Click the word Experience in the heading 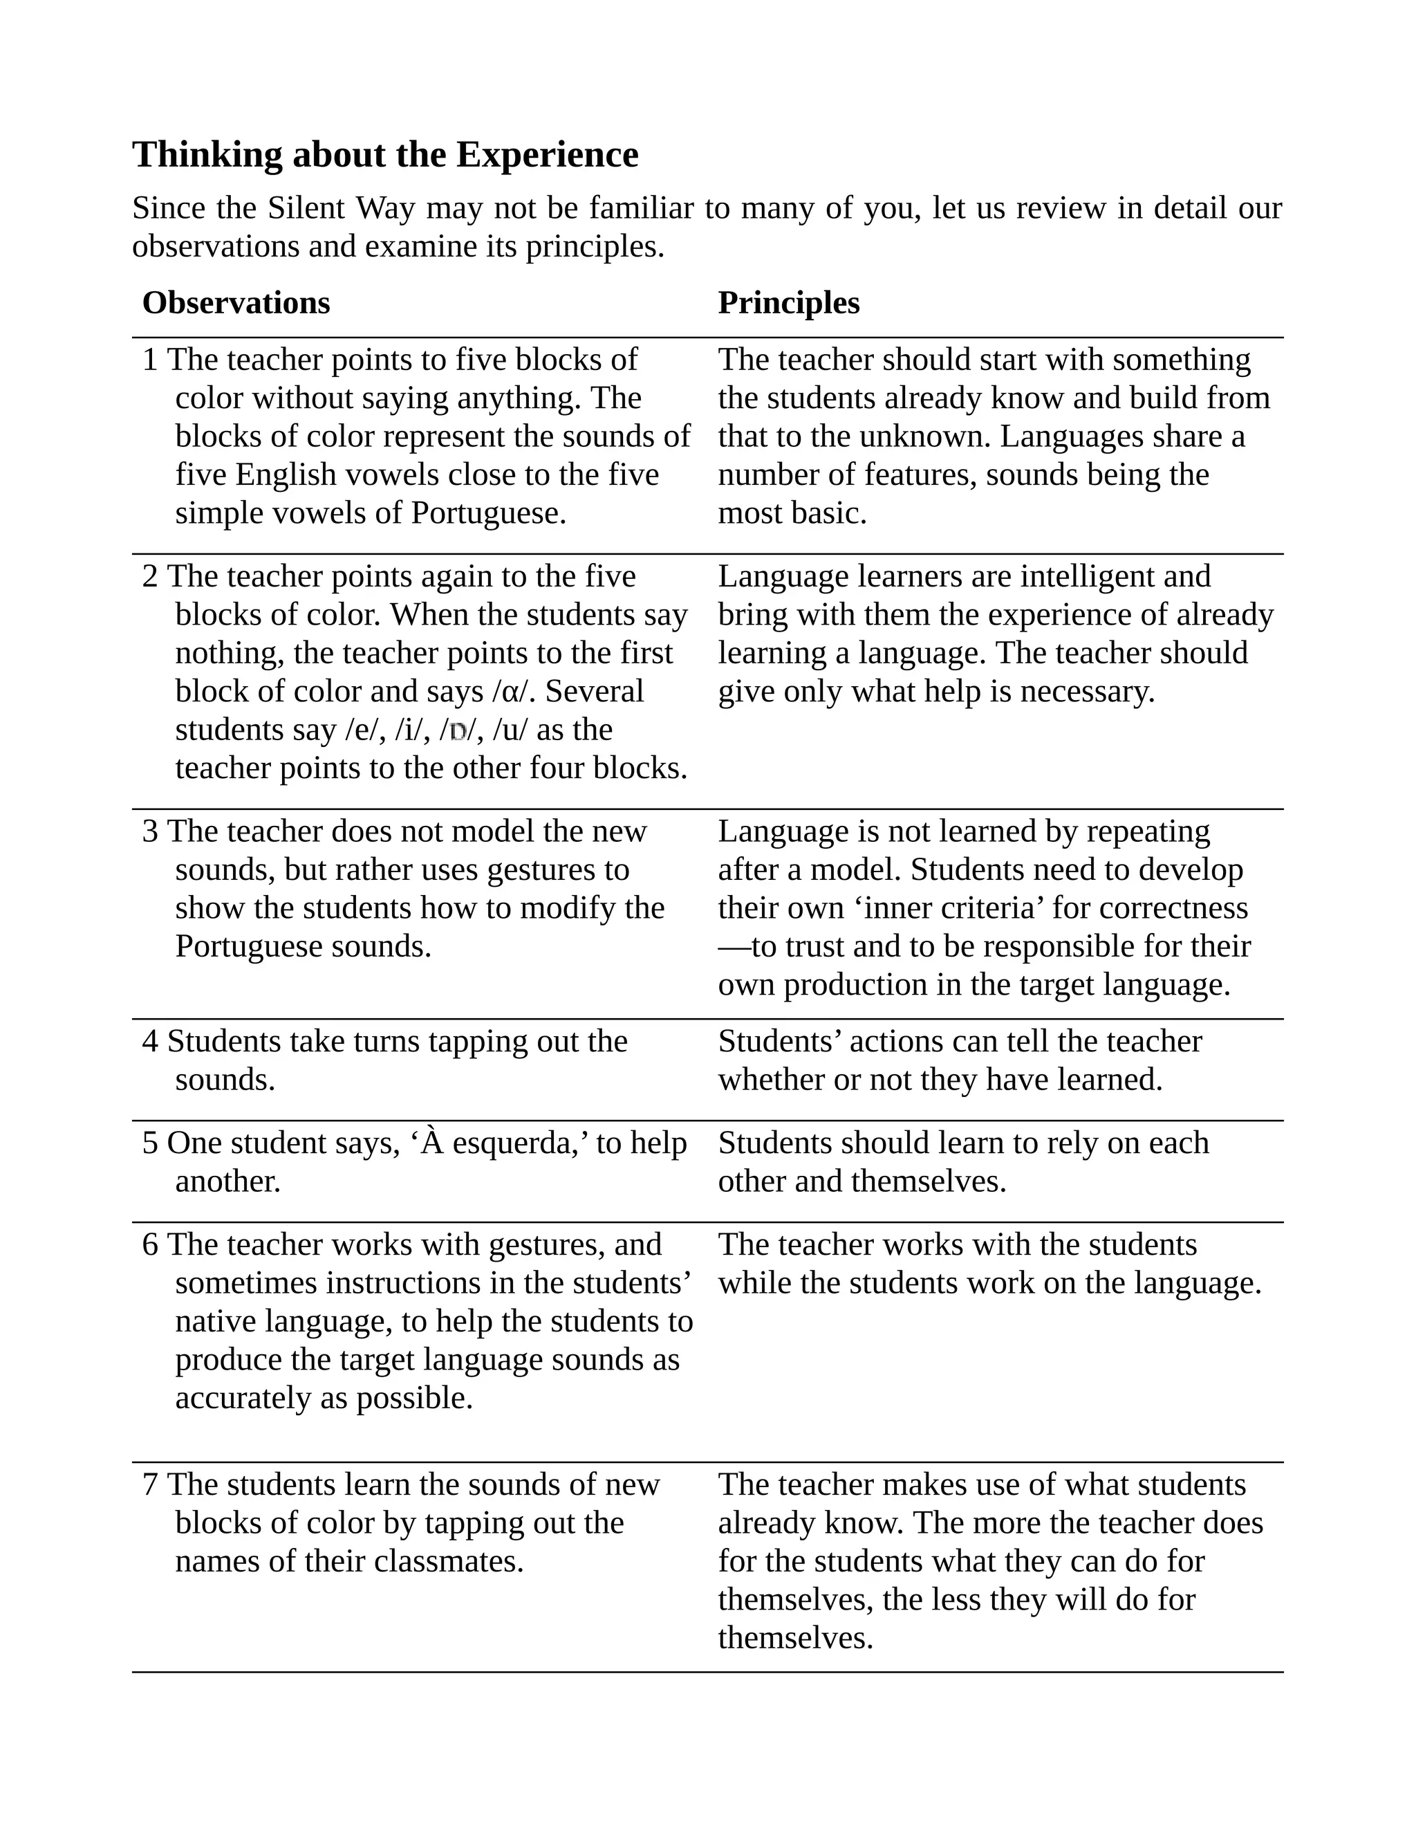click(547, 155)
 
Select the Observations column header click(236, 303)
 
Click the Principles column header click(788, 303)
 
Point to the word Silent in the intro click(306, 208)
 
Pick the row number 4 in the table click(150, 1042)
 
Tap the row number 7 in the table click(150, 1484)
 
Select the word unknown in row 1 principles click(926, 436)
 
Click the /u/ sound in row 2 click(511, 730)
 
